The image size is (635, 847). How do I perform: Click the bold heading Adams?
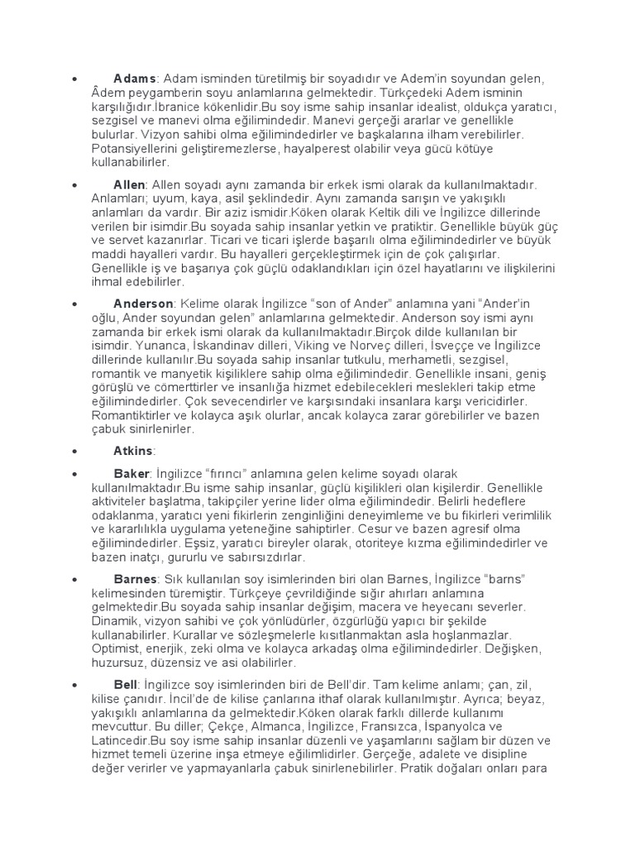click(135, 79)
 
